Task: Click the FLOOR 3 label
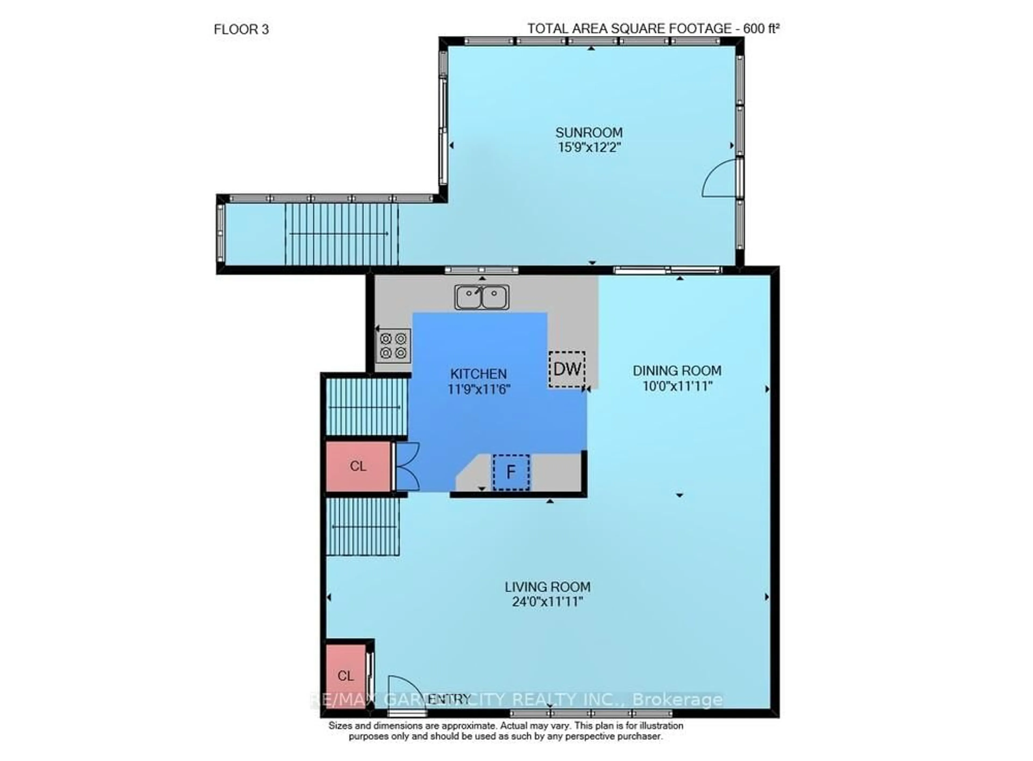click(241, 30)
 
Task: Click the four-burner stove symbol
click(393, 346)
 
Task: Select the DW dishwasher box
click(567, 369)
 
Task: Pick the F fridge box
click(511, 472)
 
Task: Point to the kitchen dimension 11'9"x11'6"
click(478, 389)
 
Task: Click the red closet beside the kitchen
click(358, 466)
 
